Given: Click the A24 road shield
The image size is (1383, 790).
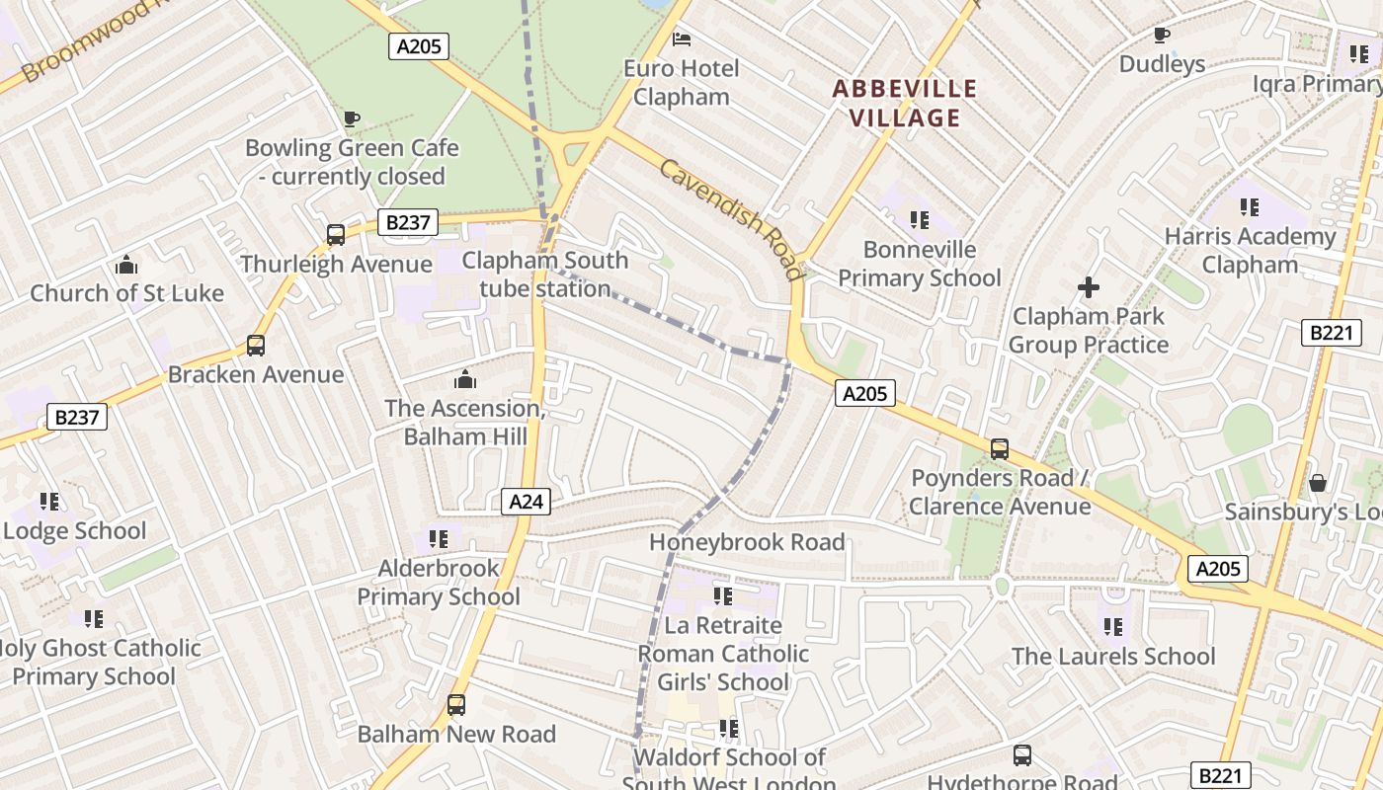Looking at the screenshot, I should (526, 502).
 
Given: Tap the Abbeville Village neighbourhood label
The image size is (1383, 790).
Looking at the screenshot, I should (904, 104).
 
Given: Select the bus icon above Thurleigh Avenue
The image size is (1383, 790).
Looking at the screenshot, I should (336, 235).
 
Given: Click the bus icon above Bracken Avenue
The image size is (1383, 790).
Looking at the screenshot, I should (256, 346).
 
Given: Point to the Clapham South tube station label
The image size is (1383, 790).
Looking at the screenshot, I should (545, 275).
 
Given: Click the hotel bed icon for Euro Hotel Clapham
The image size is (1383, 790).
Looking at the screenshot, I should (682, 39).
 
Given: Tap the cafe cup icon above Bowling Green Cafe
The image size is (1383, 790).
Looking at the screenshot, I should (352, 119).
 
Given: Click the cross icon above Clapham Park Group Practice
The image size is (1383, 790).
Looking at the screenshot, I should (1089, 287).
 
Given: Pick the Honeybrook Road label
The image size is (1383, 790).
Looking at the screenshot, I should (747, 542).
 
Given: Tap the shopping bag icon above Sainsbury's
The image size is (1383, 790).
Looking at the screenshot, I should (1317, 483).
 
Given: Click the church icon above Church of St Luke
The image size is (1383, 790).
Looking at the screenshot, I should (126, 265).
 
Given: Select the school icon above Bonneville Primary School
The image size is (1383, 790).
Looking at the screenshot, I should (920, 220).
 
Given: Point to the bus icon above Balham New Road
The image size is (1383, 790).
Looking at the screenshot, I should (455, 705).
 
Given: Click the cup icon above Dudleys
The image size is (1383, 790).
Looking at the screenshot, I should (1162, 36).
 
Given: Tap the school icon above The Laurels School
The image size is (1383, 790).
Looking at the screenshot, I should (1113, 627).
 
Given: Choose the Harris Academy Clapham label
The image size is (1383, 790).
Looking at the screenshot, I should (1250, 251).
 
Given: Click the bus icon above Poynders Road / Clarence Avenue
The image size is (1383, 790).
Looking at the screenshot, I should (1000, 449).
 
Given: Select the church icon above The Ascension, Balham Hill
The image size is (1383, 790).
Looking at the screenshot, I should (464, 379).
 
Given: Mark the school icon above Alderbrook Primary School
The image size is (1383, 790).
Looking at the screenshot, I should (439, 539).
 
